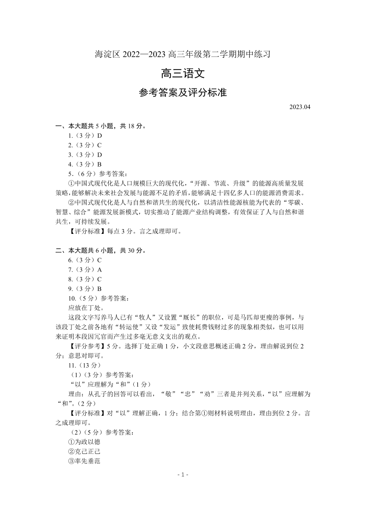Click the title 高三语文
[183, 74]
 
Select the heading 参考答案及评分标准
[183, 93]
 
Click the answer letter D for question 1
[99, 136]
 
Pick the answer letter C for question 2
[99, 145]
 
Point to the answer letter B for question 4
[99, 164]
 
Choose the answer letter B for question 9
[99, 288]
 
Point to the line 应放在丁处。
[86, 308]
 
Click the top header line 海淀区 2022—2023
[183, 54]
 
